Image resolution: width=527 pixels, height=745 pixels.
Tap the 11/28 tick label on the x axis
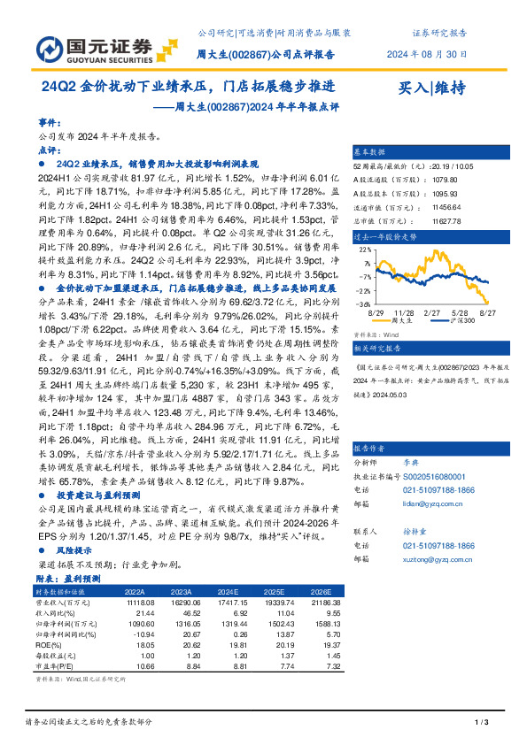pyautogui.click(x=405, y=312)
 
